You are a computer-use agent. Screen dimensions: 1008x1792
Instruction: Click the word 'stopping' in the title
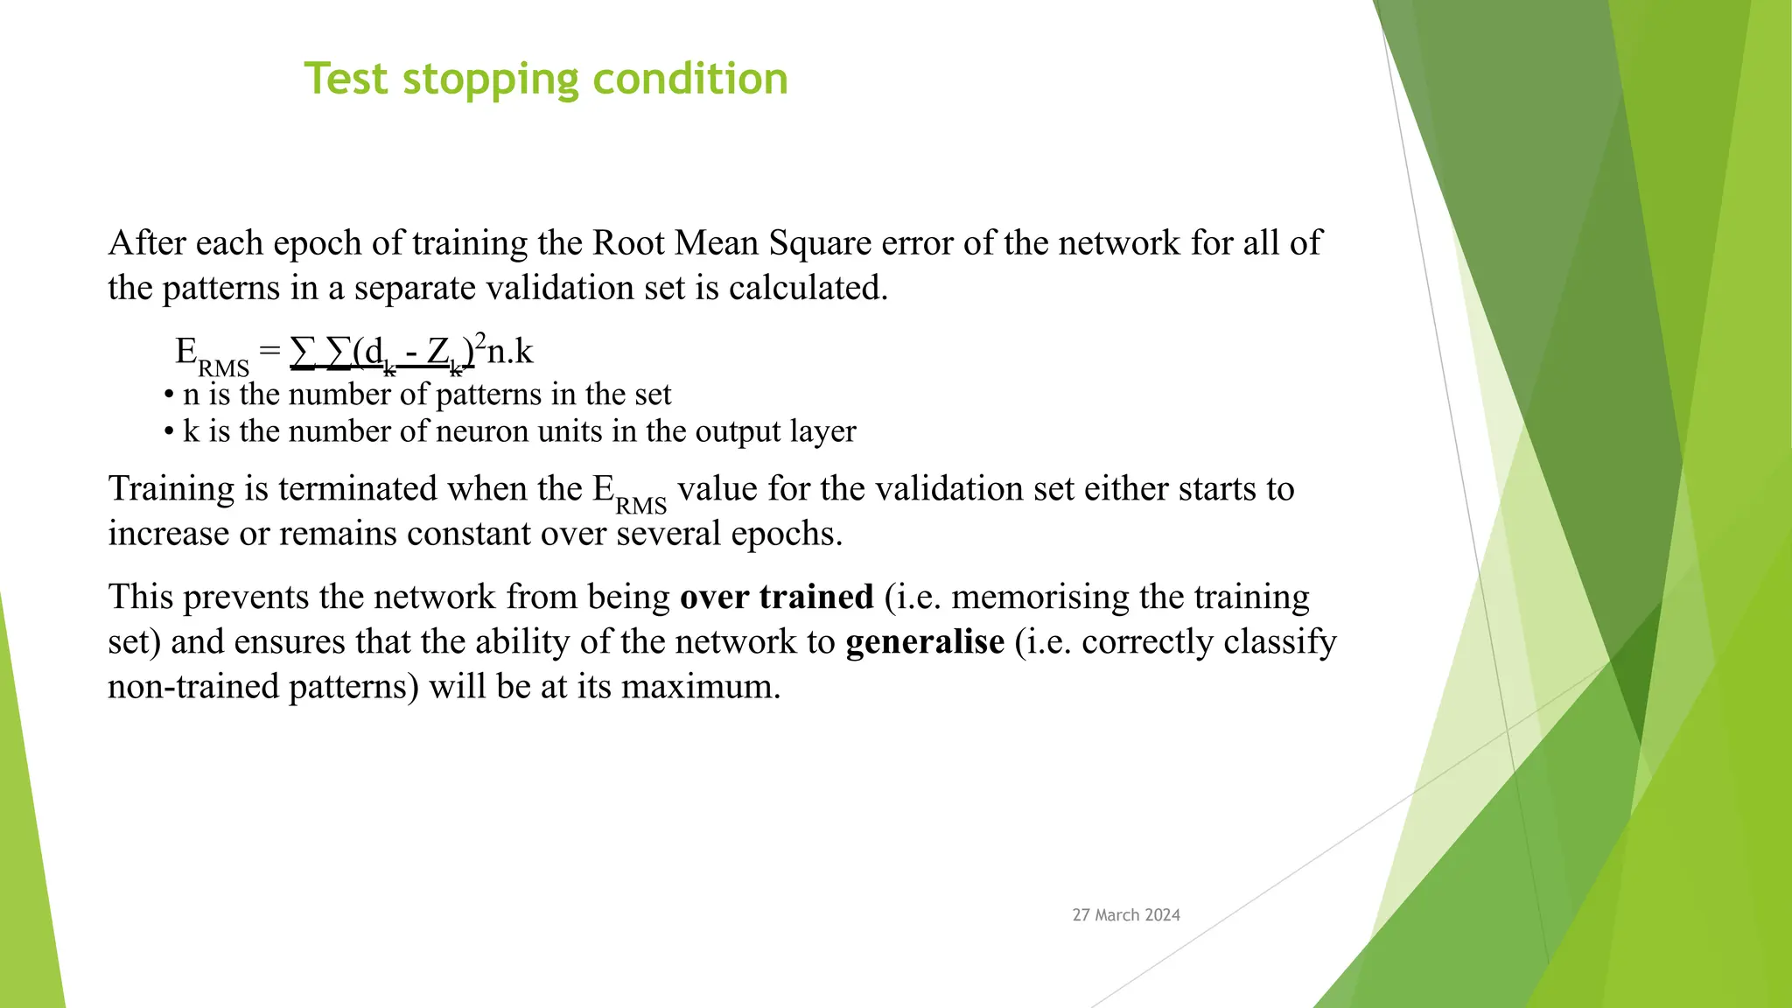pyautogui.click(x=490, y=80)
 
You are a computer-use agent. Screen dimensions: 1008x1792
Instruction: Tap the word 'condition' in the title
pyautogui.click(x=690, y=79)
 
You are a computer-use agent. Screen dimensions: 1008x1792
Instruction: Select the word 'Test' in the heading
pyautogui.click(x=346, y=79)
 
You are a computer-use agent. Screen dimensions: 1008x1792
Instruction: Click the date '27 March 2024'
pyautogui.click(x=1126, y=915)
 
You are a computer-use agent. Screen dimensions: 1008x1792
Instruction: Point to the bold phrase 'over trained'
pyautogui.click(x=777, y=597)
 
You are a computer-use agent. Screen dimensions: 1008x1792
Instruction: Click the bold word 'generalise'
pyautogui.click(x=925, y=641)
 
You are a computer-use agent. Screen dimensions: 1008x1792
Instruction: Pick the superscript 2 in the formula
pyautogui.click(x=480, y=340)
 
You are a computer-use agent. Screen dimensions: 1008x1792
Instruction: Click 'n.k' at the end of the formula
pyautogui.click(x=510, y=352)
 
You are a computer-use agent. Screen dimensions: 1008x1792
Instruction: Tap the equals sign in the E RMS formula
pyautogui.click(x=269, y=351)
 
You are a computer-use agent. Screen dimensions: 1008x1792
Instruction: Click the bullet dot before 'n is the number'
pyautogui.click(x=169, y=395)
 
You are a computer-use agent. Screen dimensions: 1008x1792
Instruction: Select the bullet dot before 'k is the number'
pyautogui.click(x=169, y=432)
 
